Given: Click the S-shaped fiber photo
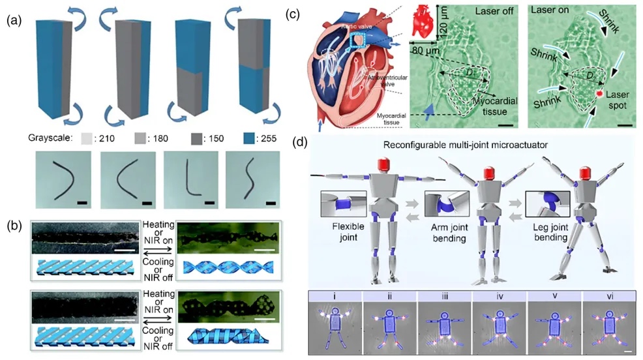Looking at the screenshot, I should point(251,179).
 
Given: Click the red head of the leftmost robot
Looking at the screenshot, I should point(379,162).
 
